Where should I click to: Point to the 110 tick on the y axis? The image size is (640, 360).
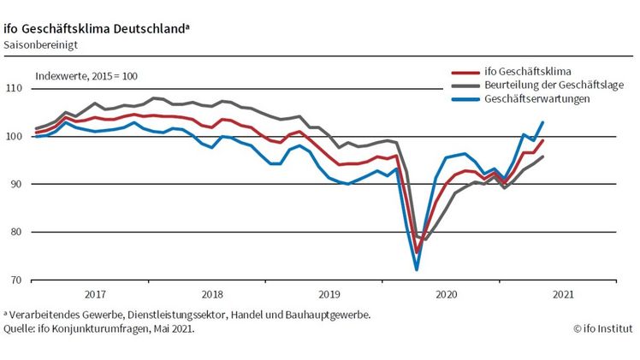tap(14, 89)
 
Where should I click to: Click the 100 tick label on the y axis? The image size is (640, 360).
tap(14, 137)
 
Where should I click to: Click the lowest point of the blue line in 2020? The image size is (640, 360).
tap(417, 269)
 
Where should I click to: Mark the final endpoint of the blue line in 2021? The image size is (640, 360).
tap(542, 122)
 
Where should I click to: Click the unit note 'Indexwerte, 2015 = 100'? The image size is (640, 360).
tap(86, 75)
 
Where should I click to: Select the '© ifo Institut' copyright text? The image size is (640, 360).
tap(603, 327)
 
